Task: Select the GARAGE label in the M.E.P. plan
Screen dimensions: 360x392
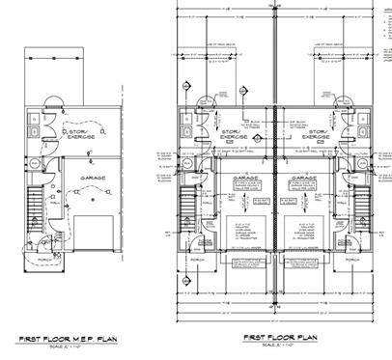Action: pos(94,179)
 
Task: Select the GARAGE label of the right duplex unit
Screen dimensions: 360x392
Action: pos(304,179)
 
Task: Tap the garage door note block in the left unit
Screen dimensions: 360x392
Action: pos(238,228)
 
